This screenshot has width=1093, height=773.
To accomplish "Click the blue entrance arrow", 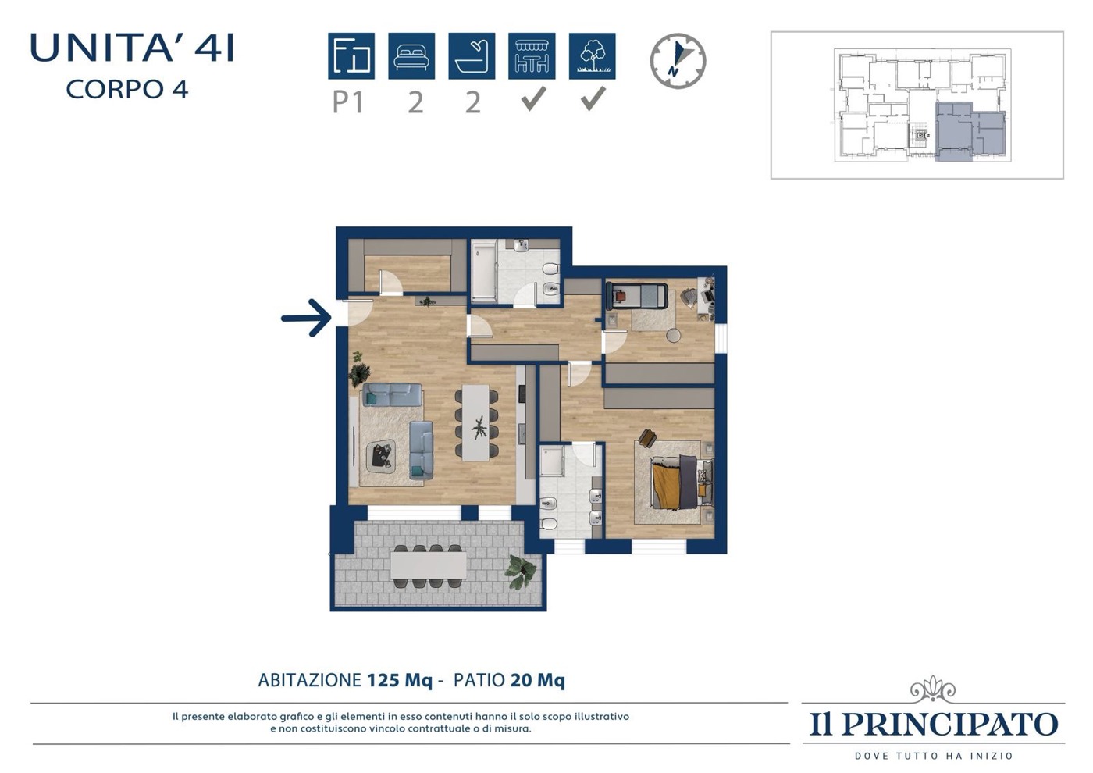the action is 306,318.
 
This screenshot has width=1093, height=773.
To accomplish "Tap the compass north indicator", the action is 678,61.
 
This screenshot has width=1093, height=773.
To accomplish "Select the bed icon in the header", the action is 411,55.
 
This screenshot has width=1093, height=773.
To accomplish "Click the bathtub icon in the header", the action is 472,55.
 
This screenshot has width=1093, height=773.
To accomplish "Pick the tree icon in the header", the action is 592,55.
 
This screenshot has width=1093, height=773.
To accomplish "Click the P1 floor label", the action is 348,102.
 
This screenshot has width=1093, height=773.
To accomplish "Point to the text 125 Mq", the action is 400,680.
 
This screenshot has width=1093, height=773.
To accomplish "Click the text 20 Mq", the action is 537,680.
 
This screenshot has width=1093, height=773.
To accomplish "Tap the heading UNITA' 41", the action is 132,48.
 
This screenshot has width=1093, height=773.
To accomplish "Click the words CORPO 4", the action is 126,89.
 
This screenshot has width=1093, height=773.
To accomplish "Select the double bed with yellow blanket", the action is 682,483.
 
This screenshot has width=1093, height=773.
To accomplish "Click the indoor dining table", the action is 475,423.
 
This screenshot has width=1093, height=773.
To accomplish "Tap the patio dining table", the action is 428,565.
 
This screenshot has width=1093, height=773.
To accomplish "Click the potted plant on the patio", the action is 520,571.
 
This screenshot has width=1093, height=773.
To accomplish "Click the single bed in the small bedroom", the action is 636,295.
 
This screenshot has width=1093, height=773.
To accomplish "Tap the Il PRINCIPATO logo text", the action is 934,724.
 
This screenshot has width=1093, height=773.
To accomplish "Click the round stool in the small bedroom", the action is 674,335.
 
